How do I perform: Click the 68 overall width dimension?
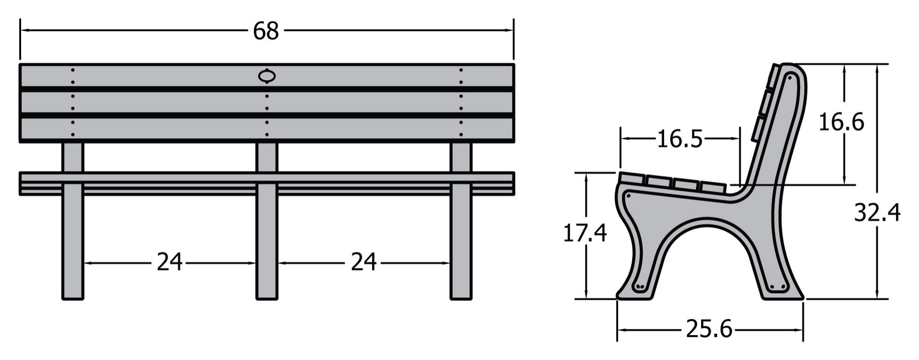pos(266,31)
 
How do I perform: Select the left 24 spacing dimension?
pos(169,262)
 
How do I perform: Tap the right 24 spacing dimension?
pos(364,262)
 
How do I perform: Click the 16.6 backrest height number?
pos(841,123)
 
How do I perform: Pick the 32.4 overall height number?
pos(877,213)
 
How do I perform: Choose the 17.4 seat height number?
pos(585,233)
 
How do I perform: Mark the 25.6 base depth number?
pos(709,329)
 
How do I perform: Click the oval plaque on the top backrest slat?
pos(267,76)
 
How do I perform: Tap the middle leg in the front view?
pos(267,221)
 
